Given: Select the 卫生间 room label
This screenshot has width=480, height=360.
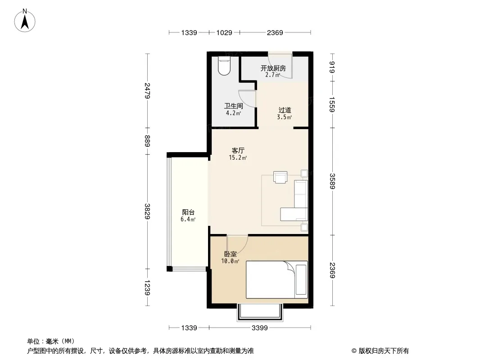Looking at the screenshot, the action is point(233,106).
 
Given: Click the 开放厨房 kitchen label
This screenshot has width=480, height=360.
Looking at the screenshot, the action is point(273,68).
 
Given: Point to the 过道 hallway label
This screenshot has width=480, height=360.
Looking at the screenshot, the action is point(285,110).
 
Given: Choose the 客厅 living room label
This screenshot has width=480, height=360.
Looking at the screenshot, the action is point(238,150).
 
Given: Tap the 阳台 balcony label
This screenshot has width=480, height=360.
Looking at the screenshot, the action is point(188,212).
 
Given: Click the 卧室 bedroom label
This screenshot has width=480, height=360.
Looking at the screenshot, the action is point(230,254).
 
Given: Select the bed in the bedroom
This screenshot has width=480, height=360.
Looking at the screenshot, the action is point(277,279).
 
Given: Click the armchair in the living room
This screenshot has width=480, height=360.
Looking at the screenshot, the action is point(281,177).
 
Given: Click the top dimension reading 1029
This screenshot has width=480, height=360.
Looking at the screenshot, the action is point(224,32).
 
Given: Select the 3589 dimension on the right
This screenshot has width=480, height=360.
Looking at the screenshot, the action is point(332,181).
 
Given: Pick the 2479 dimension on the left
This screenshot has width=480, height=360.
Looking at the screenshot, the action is point(148,90).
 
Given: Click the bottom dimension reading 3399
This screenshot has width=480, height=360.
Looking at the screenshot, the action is point(260,328).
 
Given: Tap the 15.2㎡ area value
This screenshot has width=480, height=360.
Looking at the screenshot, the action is point(238,157).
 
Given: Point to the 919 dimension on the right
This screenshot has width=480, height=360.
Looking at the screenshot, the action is point(332,67).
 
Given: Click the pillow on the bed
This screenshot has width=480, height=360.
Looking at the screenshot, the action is point(301,280).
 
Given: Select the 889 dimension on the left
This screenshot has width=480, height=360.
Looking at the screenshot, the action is point(148,141).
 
